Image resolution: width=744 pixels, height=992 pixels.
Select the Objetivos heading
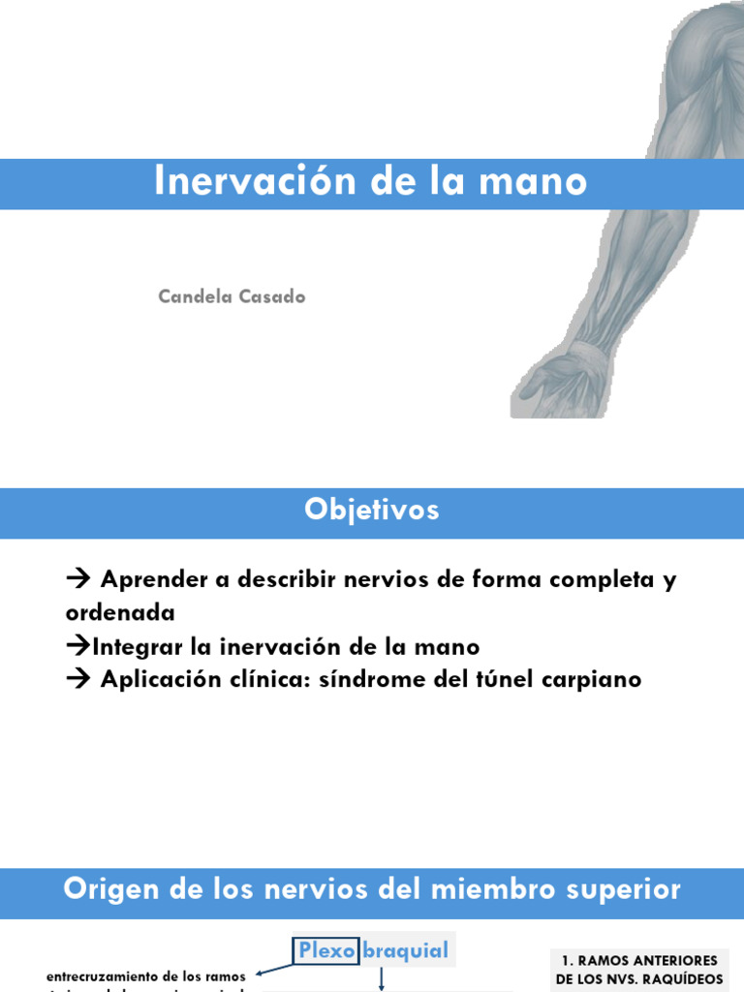click(x=371, y=511)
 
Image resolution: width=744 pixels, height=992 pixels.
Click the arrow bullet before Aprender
click(x=77, y=579)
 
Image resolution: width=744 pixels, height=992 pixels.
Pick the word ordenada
click(x=120, y=613)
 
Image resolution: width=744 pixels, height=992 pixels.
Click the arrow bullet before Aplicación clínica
click(x=77, y=679)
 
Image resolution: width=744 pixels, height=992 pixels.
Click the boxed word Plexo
click(x=326, y=950)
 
